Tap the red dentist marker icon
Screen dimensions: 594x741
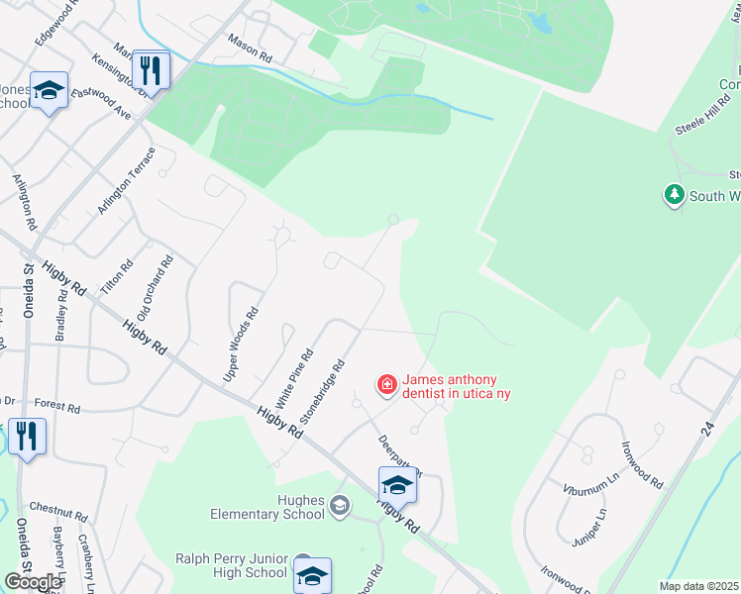point(385,384)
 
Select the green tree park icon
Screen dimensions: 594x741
point(675,195)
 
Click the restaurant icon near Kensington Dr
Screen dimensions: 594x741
point(151,70)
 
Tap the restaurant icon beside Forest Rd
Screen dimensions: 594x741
point(26,437)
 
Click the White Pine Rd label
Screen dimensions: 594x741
point(294,378)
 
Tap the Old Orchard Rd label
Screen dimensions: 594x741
point(156,287)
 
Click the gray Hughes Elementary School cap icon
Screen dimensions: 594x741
point(340,507)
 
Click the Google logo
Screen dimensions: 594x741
point(34,581)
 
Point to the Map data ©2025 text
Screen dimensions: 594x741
point(698,586)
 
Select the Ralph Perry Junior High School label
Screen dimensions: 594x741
point(232,565)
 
